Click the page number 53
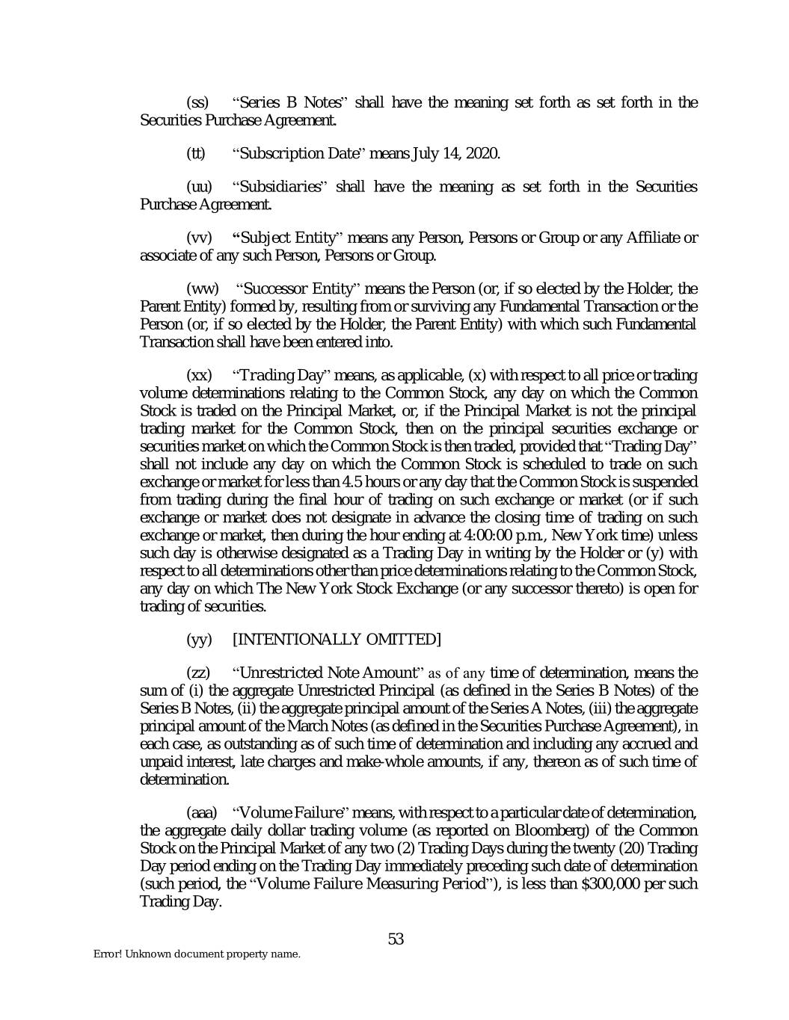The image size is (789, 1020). click(x=396, y=939)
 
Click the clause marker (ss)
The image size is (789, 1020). click(x=197, y=102)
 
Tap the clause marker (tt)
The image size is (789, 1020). click(x=195, y=154)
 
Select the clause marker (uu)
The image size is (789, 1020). click(x=198, y=187)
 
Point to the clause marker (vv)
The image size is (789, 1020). click(x=198, y=238)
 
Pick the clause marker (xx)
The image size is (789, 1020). click(x=198, y=374)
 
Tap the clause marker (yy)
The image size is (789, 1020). click(x=198, y=640)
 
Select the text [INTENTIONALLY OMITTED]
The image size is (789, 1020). click(x=337, y=640)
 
